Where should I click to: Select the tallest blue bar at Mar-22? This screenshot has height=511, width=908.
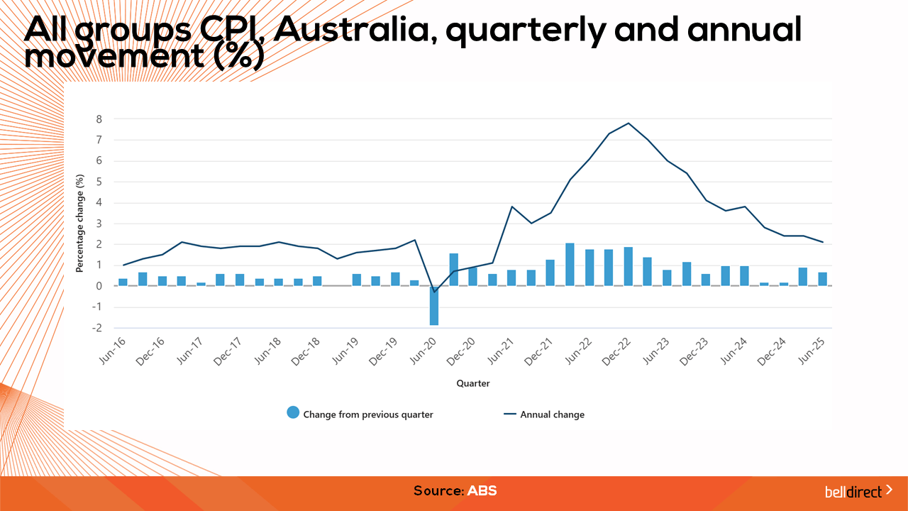(x=570, y=264)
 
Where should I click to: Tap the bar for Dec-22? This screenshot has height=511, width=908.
(x=628, y=266)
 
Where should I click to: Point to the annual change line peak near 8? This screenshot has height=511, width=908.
(x=628, y=123)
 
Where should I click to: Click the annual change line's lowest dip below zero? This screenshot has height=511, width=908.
(x=434, y=292)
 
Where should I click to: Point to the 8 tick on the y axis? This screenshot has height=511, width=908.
(x=99, y=119)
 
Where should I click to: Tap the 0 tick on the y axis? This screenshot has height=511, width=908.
(x=99, y=286)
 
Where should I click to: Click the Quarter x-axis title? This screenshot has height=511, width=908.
(x=472, y=383)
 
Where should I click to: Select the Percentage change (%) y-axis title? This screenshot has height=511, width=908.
(x=80, y=224)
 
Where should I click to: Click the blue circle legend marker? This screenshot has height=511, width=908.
(x=293, y=413)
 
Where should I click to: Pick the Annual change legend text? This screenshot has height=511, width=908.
(x=552, y=414)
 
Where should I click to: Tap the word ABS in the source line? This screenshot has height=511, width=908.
(x=482, y=490)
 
